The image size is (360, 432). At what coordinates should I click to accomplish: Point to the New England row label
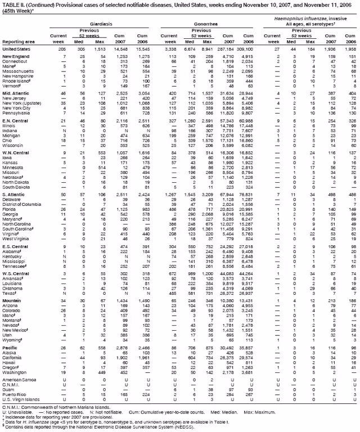17,57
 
